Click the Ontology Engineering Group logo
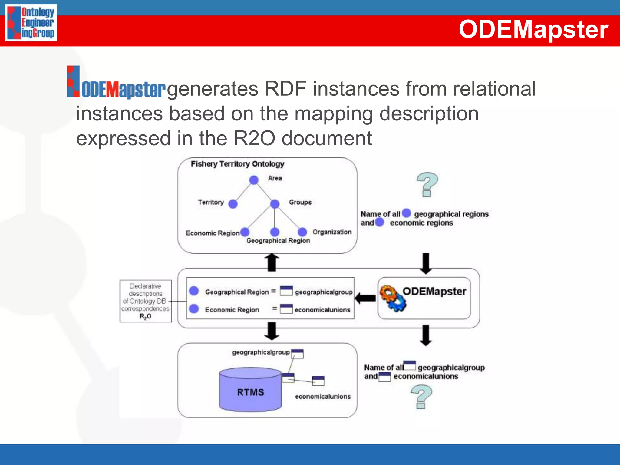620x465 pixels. pos(31,23)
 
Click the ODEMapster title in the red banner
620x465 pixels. pos(533,29)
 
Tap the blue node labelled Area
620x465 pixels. pos(254,180)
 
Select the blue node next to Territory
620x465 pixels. pos(233,204)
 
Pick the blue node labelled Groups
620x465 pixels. pos(275,204)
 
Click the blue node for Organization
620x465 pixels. pos(302,232)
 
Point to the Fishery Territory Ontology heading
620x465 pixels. pos(237,164)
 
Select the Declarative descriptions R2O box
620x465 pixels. pos(146,301)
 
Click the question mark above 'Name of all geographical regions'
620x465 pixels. pos(427,184)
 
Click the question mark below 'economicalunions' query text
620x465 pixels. pos(421,397)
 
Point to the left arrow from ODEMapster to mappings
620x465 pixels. pos(365,298)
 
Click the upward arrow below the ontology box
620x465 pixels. pos(272,262)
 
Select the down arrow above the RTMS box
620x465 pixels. pos(272,331)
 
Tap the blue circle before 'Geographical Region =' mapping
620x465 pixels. pos(194,291)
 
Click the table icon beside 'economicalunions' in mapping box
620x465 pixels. pos(286,309)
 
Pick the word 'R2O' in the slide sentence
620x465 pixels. pos(254,139)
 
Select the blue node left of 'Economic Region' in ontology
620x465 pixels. pos(245,232)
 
